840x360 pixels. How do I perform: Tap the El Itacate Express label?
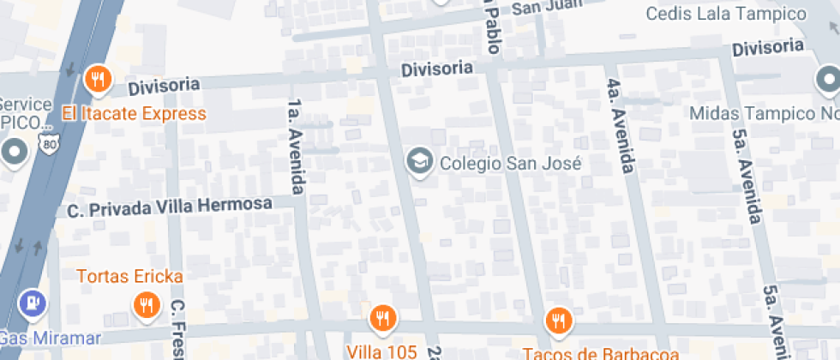(x=134, y=113)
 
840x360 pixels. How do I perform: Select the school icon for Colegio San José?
(x=419, y=161)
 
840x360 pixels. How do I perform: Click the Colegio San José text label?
(x=497, y=163)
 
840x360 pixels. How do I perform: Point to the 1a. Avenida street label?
(x=296, y=147)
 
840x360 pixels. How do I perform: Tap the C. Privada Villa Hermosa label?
(x=170, y=207)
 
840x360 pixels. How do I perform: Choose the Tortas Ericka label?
(x=129, y=276)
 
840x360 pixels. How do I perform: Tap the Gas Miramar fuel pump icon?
(x=32, y=303)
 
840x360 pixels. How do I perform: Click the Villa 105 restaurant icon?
(x=382, y=319)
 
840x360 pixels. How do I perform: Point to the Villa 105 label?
(x=381, y=351)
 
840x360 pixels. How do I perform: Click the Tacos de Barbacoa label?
(x=602, y=352)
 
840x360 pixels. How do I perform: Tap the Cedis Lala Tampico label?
(x=726, y=14)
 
